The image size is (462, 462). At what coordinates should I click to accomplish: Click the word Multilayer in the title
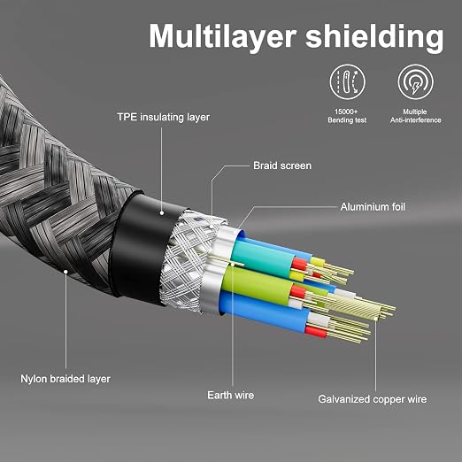(x=222, y=36)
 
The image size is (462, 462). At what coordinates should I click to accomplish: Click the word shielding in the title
(x=374, y=36)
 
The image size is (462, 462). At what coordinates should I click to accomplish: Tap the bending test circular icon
(x=347, y=81)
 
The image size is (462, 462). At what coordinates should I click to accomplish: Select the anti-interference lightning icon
(x=415, y=81)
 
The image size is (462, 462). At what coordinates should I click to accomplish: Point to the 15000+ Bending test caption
(x=347, y=116)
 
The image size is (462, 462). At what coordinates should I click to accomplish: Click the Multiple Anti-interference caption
(x=415, y=116)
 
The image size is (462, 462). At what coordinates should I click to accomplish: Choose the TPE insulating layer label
(x=164, y=117)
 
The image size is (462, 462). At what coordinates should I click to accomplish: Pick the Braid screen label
(x=282, y=166)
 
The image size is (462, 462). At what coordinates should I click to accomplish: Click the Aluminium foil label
(x=373, y=207)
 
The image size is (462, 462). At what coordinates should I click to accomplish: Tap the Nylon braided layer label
(x=65, y=379)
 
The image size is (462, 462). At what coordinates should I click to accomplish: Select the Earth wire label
(x=230, y=395)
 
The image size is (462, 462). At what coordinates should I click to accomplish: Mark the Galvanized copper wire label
(x=373, y=399)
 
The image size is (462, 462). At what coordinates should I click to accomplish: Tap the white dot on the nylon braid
(x=65, y=272)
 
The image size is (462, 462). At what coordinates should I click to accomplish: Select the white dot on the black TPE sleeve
(x=162, y=212)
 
